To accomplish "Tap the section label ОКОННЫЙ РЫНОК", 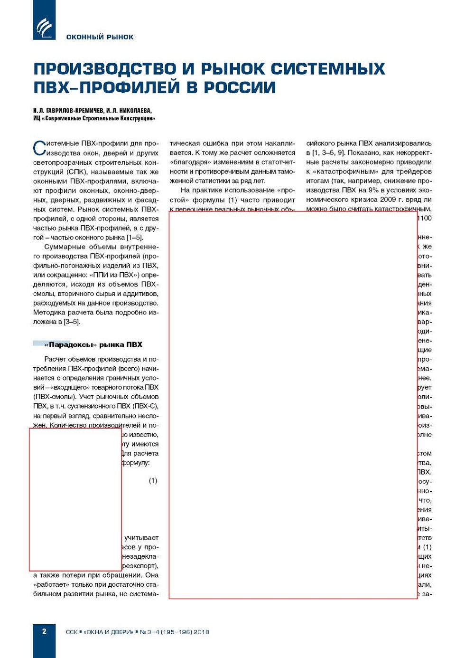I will click(x=100, y=37).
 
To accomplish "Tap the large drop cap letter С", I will click(x=39, y=148).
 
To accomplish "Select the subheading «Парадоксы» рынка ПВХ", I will click(x=93, y=344).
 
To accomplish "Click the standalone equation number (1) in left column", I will click(x=153, y=481).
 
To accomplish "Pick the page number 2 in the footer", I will click(x=44, y=631).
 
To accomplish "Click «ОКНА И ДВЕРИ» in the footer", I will click(x=109, y=632).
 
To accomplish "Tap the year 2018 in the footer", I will click(x=201, y=632).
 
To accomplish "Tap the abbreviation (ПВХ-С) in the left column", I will click(x=145, y=406).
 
